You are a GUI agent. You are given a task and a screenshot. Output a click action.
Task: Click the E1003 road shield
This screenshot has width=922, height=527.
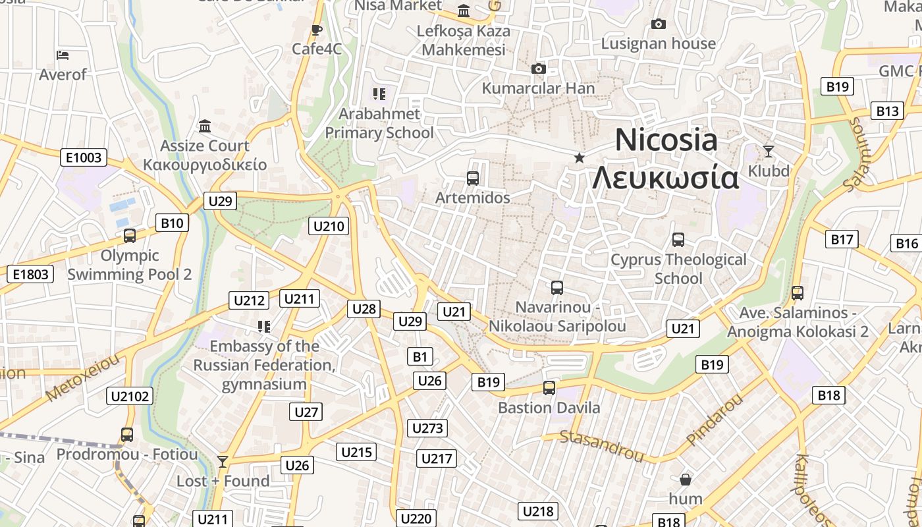click(84, 157)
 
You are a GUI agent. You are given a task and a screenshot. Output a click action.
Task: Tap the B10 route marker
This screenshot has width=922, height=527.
click(172, 223)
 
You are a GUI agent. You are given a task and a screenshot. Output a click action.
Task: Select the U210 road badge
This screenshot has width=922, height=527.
click(329, 227)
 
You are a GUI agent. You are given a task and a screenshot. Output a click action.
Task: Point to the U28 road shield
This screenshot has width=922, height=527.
click(364, 308)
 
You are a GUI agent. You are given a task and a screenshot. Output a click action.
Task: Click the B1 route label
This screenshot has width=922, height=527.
click(420, 357)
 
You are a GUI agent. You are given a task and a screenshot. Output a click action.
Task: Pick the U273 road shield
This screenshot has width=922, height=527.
click(427, 428)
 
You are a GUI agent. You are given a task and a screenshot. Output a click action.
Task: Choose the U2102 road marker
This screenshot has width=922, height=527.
click(130, 396)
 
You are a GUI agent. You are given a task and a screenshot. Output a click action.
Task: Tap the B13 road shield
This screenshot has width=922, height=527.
click(887, 111)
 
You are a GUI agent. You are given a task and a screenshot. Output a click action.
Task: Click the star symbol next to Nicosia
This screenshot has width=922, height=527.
click(580, 157)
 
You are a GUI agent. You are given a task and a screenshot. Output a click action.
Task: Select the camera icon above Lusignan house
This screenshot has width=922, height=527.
click(658, 24)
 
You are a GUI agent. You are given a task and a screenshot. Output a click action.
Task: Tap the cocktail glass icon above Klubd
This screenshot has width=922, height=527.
click(768, 152)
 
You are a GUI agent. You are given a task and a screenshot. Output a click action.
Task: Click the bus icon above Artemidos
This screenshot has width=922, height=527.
click(472, 178)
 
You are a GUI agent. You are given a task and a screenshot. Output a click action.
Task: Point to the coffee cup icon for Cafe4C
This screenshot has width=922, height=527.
click(317, 30)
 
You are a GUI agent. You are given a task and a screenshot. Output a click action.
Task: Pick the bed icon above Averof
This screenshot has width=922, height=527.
click(63, 55)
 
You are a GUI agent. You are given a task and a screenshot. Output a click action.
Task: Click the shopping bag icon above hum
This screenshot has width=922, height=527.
click(686, 479)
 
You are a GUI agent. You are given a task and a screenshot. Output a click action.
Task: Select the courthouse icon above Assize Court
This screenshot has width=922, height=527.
click(205, 126)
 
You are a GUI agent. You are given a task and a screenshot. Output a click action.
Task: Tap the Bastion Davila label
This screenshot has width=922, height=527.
click(549, 408)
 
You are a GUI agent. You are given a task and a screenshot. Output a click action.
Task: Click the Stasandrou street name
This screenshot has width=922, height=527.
click(601, 445)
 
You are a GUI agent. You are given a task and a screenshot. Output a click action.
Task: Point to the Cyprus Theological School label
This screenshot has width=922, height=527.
click(678, 269)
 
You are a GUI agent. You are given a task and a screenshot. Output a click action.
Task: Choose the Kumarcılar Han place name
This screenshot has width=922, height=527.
click(538, 88)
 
